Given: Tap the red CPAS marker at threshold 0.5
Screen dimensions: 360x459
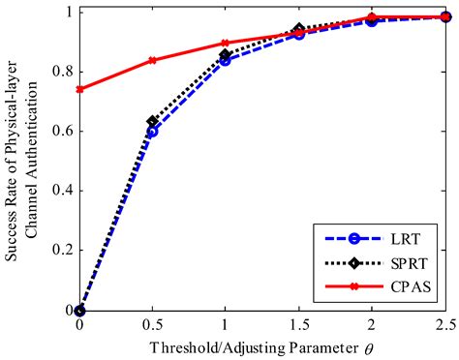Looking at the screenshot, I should [152, 60].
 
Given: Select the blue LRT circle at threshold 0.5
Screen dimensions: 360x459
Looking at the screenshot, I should [152, 131].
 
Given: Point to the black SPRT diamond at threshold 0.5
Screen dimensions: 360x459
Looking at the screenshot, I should [152, 122].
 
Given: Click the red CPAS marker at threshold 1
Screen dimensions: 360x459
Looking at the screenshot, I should [225, 43].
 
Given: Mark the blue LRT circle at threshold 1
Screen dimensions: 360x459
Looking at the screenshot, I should [225, 60].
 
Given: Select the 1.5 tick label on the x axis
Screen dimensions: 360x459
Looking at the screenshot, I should [298, 325].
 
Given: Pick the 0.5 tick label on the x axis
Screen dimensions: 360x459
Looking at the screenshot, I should [152, 325].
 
